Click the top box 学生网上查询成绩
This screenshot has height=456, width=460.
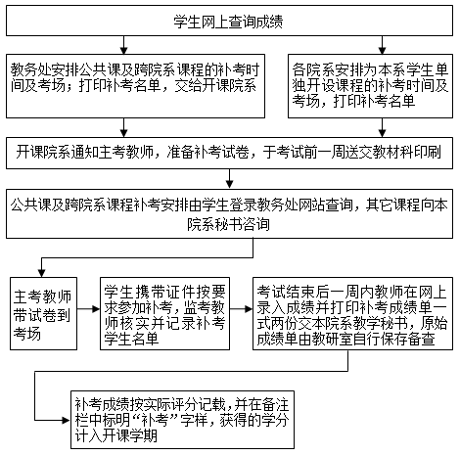[229, 21]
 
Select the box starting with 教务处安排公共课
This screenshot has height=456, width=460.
[135, 86]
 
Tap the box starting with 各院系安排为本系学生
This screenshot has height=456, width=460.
[370, 86]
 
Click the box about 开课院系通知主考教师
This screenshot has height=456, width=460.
[229, 153]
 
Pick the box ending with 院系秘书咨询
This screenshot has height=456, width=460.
[229, 213]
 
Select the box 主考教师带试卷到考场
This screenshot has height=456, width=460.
[43, 313]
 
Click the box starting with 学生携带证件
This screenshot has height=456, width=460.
[164, 313]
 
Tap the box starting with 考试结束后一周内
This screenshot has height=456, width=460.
[352, 313]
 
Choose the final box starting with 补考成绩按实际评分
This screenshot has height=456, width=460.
[183, 420]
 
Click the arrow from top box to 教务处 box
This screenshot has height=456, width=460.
[123, 45]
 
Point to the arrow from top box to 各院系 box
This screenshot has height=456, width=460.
[382, 45]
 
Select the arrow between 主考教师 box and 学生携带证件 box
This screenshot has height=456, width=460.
[88, 309]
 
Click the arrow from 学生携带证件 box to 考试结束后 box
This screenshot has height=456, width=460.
[241, 309]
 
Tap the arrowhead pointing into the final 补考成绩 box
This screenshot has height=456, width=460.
[67, 420]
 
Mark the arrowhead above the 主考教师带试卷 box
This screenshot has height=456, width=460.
[41, 273]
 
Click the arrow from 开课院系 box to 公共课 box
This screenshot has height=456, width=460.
[230, 179]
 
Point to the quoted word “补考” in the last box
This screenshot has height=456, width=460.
[155, 420]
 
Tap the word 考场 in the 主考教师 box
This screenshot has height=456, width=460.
[27, 334]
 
